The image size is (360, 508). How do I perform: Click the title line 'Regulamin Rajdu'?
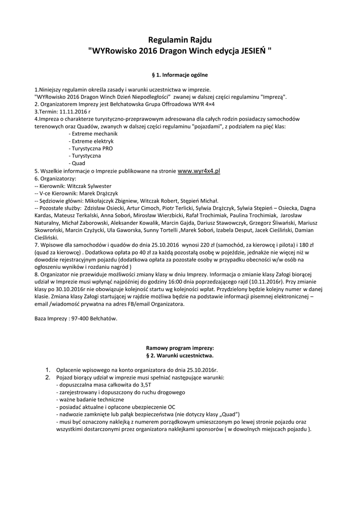[180, 40]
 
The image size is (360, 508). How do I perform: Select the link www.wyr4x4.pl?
[199, 171]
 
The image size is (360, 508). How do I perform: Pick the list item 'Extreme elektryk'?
[91, 141]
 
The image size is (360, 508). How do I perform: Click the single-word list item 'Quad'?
[78, 163]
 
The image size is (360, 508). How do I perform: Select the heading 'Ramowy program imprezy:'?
[180, 348]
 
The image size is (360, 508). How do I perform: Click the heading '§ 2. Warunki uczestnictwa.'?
[180, 356]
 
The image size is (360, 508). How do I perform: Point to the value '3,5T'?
[146, 384]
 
